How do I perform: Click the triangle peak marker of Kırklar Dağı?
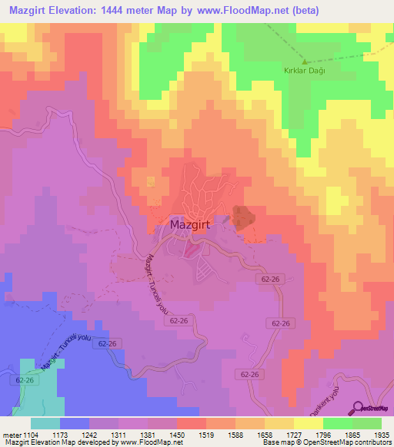304,61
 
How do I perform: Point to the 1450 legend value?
178,434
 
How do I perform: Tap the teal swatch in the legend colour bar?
45,423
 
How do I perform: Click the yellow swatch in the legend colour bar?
309,423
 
